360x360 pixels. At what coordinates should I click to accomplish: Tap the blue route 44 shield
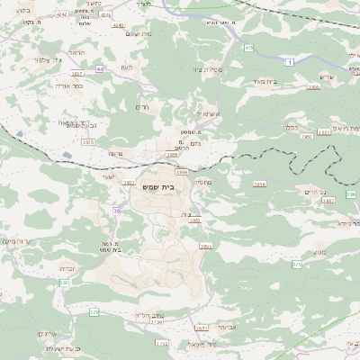[x=99, y=67]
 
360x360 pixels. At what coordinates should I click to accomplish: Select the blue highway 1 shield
[x=290, y=61]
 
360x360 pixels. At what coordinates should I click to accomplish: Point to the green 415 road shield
[x=248, y=47]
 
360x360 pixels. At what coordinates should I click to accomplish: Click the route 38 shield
[x=117, y=211]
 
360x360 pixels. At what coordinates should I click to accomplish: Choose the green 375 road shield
[x=296, y=265]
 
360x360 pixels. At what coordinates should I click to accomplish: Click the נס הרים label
[x=314, y=192]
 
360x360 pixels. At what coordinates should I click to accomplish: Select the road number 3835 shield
[x=88, y=142]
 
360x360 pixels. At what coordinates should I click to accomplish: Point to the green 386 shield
[x=351, y=194]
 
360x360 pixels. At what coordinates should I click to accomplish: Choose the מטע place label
[x=319, y=256]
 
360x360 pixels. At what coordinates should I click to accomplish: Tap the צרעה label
[x=114, y=155]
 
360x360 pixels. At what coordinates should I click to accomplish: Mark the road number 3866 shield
[x=259, y=184]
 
